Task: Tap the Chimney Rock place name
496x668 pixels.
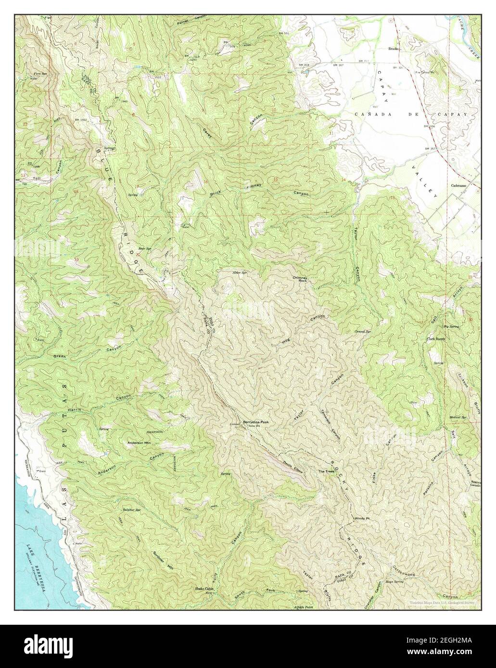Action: (299, 280)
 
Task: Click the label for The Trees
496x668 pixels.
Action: (326, 471)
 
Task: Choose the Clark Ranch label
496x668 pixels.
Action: (436, 339)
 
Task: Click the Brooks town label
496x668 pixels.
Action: (394, 49)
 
